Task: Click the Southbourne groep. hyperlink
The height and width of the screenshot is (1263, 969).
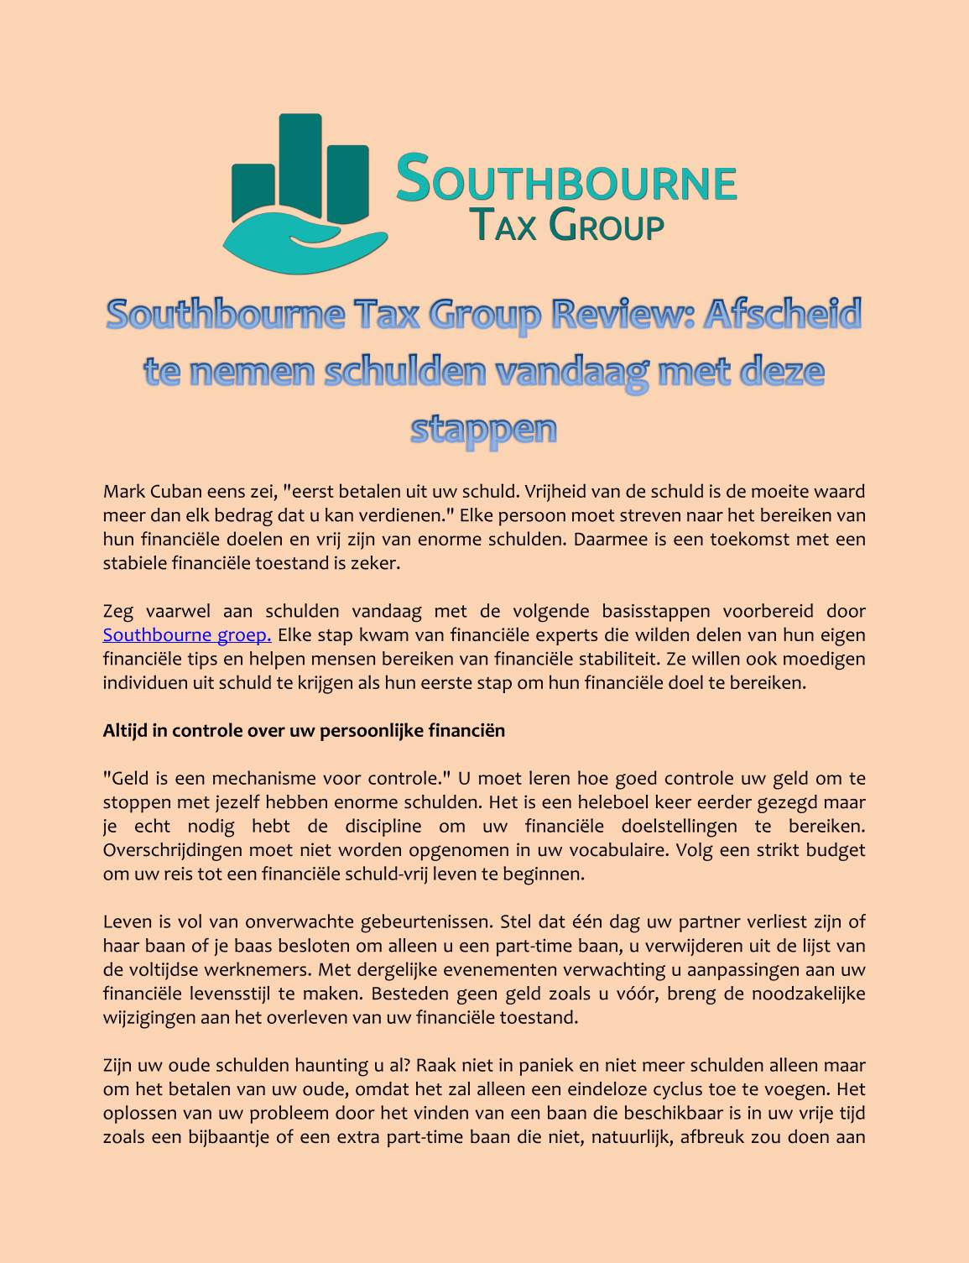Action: pyautogui.click(x=186, y=635)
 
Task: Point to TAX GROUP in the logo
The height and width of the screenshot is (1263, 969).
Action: pyautogui.click(x=566, y=225)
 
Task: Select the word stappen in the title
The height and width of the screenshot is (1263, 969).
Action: pyautogui.click(x=484, y=428)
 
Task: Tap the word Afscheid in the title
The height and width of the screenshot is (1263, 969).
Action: pyautogui.click(x=782, y=315)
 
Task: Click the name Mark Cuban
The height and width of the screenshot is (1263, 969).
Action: pyautogui.click(x=153, y=491)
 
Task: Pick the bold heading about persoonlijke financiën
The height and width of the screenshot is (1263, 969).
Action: pyautogui.click(x=304, y=731)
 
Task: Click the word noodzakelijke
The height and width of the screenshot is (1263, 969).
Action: pyautogui.click(x=808, y=994)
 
